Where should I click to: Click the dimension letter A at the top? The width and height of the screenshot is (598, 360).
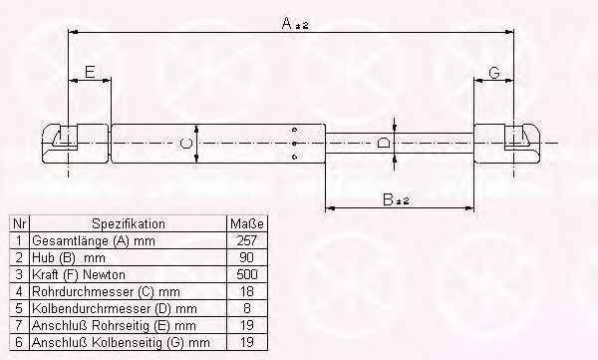[x=287, y=23]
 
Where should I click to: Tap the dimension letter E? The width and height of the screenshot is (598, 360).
[x=90, y=72]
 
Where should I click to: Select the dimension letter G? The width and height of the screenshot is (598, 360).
[x=494, y=72]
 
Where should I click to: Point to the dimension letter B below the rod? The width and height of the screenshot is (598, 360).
[x=388, y=199]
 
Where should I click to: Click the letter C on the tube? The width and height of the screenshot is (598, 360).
[x=185, y=144]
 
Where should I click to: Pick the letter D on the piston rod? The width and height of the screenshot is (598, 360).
[x=383, y=144]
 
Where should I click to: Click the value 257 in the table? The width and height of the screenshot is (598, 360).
[x=247, y=240]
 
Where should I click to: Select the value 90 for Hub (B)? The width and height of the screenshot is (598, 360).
[x=247, y=257]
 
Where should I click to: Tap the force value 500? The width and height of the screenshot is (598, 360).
[x=247, y=274]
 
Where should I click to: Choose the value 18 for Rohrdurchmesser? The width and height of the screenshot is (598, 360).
[x=247, y=291]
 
